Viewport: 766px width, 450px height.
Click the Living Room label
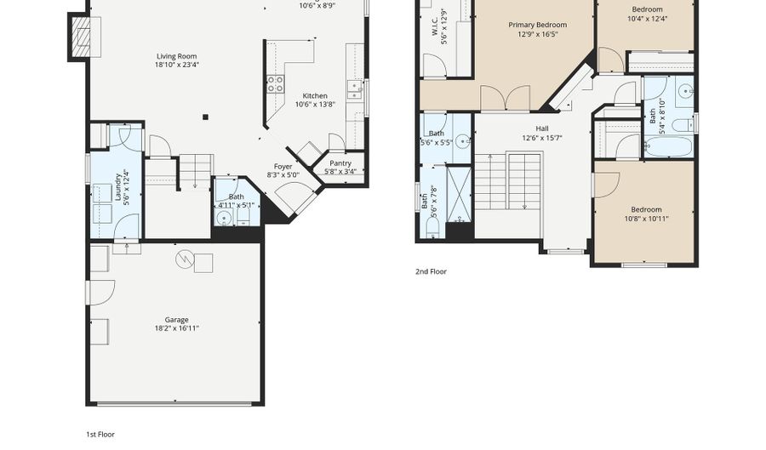click(177, 56)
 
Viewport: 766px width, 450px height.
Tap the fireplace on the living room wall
click(80, 37)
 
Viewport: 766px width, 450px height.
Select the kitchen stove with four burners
click(276, 83)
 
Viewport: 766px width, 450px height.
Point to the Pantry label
click(340, 163)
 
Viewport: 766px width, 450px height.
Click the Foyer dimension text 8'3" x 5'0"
click(283, 175)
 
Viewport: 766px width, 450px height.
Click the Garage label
click(176, 320)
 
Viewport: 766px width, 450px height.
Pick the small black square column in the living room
click(205, 117)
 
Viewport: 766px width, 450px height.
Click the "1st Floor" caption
click(100, 434)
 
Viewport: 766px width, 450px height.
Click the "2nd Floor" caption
click(432, 272)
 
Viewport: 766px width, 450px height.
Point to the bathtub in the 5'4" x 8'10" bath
click(667, 146)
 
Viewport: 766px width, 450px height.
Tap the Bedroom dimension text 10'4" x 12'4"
click(646, 19)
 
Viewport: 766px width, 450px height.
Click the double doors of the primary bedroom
click(506, 100)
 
